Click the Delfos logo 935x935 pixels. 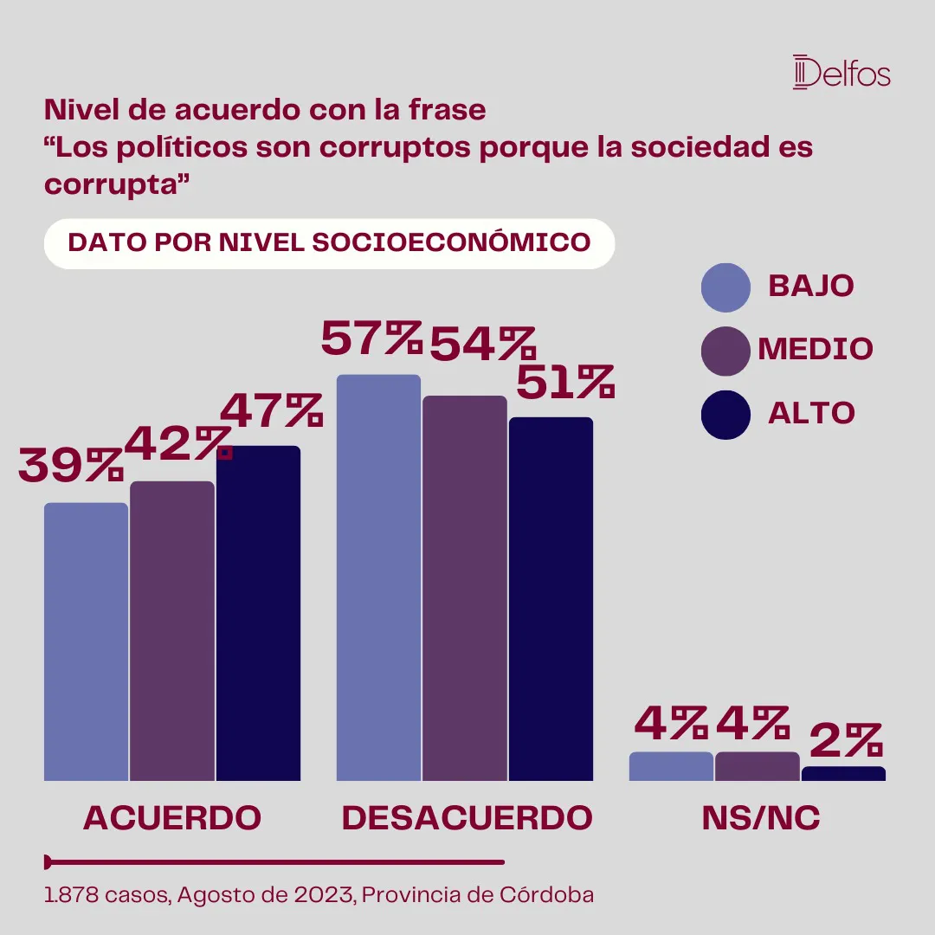(841, 73)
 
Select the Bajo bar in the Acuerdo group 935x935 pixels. (86, 641)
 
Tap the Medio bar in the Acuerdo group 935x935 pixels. (172, 630)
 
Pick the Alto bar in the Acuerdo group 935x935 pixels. (258, 613)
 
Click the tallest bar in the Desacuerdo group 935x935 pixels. (378, 577)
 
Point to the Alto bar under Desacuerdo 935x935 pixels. (551, 599)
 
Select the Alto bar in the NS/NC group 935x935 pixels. (843, 774)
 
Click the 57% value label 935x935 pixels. (371, 339)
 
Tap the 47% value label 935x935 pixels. (272, 410)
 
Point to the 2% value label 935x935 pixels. (845, 740)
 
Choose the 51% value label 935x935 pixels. (564, 382)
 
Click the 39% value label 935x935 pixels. (71, 466)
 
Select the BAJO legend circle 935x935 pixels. (725, 287)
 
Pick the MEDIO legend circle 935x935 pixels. (725, 351)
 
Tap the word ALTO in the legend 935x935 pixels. (811, 414)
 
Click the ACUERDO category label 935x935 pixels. (172, 818)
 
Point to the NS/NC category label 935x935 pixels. (761, 818)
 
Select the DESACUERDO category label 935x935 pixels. (467, 818)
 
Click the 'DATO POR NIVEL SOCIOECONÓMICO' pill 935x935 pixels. (329, 243)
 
